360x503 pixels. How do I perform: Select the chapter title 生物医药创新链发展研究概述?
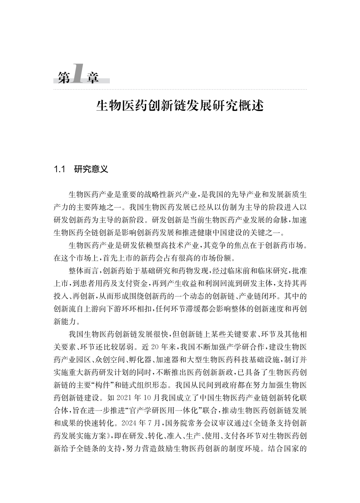coord(180,106)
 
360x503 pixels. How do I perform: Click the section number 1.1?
coord(59,169)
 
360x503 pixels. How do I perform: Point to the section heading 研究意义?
coord(91,169)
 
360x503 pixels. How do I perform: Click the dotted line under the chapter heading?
coord(180,89)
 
